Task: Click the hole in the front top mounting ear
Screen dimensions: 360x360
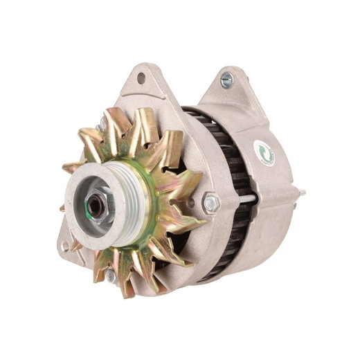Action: click(141, 78)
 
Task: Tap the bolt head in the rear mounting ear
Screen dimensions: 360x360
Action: click(226, 80)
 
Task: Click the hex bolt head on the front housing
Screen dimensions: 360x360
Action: click(211, 204)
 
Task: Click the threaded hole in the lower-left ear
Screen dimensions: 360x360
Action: click(67, 244)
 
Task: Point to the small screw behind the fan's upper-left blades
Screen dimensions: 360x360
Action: click(102, 126)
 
